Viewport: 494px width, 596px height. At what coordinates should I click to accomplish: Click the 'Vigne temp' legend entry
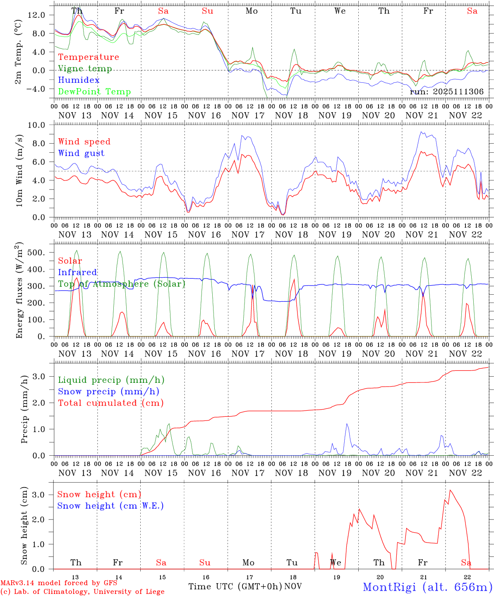point(85,69)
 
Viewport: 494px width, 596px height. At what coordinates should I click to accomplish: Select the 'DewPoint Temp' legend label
point(94,92)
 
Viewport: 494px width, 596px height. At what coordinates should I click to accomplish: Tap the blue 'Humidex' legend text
point(79,80)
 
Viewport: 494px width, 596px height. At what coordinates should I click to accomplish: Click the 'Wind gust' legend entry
point(81,153)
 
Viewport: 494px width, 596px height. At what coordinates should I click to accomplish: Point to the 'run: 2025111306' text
point(446,91)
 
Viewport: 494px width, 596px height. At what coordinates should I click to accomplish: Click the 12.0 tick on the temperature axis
point(42,15)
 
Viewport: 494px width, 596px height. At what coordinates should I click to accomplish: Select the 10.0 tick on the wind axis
point(42,125)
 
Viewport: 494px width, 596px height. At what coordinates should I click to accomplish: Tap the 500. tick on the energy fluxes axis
point(41,252)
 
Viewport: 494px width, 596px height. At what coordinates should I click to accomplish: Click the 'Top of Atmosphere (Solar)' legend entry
point(122,284)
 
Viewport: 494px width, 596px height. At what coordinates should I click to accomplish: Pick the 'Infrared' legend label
point(77,272)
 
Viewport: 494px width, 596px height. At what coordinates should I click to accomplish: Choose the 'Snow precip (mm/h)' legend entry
point(108,392)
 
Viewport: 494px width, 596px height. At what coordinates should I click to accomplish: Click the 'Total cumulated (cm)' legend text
point(110,403)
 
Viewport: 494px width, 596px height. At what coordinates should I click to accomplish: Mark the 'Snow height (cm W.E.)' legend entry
point(110,506)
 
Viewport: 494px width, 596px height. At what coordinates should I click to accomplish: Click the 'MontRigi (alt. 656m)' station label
point(427,586)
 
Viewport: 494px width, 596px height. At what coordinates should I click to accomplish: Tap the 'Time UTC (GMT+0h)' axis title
point(235,586)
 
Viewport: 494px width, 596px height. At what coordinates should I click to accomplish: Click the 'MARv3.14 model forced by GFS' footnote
point(59,583)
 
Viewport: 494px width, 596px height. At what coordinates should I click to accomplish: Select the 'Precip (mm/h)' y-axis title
point(24,409)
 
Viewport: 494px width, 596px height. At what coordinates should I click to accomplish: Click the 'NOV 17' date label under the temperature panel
point(248,115)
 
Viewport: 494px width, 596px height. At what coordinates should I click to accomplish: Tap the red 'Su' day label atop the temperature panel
point(208,11)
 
